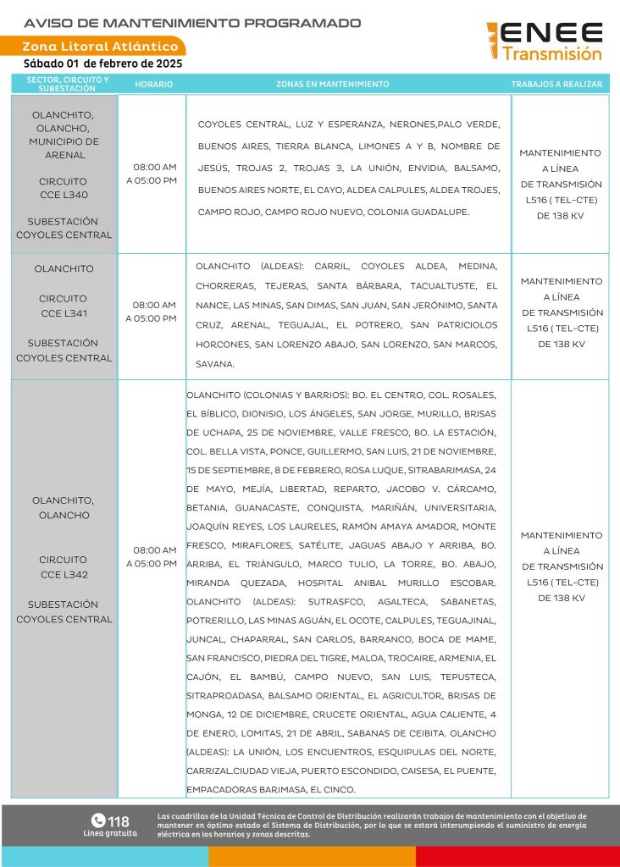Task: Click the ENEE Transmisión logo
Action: (545, 41)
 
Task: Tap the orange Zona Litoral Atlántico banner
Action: (100, 47)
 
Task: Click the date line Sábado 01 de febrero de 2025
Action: (102, 64)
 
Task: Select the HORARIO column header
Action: (153, 85)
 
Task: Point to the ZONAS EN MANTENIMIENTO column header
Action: (332, 85)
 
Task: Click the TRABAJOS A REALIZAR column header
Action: (556, 85)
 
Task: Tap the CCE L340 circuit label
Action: (64, 195)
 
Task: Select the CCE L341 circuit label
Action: (64, 313)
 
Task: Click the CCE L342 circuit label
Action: (64, 575)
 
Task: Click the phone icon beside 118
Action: (97, 820)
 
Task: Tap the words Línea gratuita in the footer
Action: (109, 833)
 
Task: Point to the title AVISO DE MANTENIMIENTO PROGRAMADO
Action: (192, 23)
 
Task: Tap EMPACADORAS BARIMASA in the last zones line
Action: (245, 790)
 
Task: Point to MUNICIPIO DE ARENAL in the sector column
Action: (64, 148)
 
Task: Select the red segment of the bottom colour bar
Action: (518, 856)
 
